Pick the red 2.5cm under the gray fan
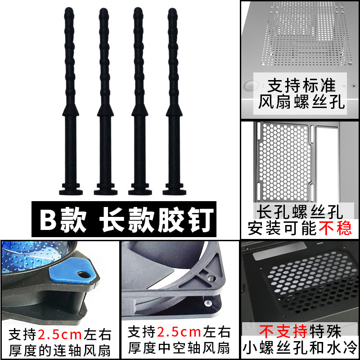179,333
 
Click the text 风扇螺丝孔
301,103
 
